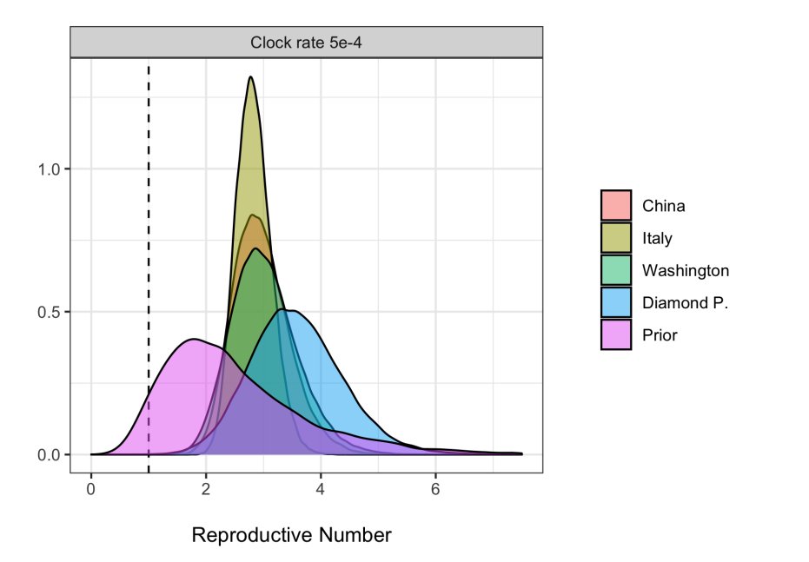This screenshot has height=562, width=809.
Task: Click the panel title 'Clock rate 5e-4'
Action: [x=306, y=43]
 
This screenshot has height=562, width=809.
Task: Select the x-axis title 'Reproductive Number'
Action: [x=291, y=535]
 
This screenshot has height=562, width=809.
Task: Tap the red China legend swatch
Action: [x=616, y=206]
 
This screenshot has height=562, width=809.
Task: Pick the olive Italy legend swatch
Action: [x=616, y=238]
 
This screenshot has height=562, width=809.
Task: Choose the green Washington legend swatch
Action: [x=616, y=270]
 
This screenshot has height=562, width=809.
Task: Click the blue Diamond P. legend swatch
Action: [x=616, y=302]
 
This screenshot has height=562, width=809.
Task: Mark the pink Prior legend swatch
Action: [x=616, y=334]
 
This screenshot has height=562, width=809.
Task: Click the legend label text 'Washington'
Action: [x=685, y=270]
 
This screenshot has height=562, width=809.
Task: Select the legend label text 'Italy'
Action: [x=657, y=238]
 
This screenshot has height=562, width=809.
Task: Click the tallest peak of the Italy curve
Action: [x=250, y=77]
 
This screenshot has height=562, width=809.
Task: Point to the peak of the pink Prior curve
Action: [x=193, y=339]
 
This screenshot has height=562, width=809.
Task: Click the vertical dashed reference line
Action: [x=149, y=261]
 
